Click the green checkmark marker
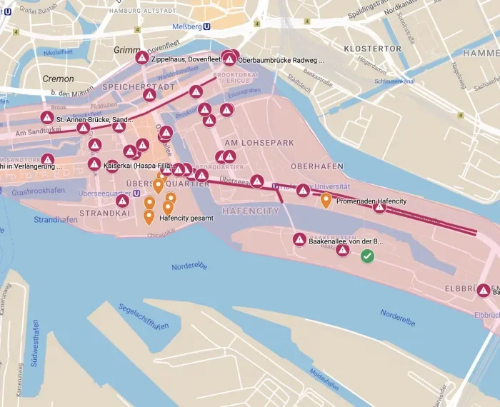(367, 256)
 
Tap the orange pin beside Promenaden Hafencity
(326, 199)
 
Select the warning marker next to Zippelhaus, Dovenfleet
(142, 58)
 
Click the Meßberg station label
(188, 26)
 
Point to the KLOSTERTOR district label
(372, 49)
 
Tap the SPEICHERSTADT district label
(139, 86)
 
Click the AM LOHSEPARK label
(258, 143)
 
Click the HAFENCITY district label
(251, 211)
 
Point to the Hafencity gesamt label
(186, 218)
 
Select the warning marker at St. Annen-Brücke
(47, 117)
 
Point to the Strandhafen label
(50, 220)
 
